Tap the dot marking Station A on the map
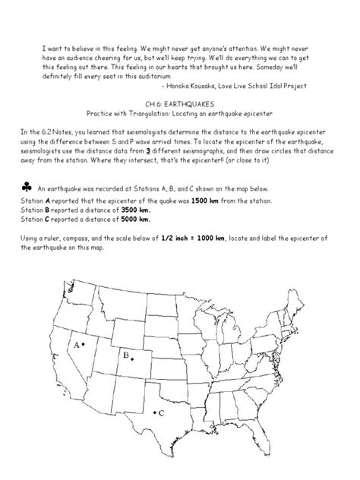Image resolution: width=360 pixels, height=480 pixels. pyautogui.click(x=84, y=344)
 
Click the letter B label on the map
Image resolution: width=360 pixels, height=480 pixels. pyautogui.click(x=125, y=355)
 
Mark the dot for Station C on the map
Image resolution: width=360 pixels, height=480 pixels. pyautogui.click(x=154, y=412)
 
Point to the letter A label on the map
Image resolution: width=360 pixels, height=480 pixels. pyautogui.click(x=76, y=344)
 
